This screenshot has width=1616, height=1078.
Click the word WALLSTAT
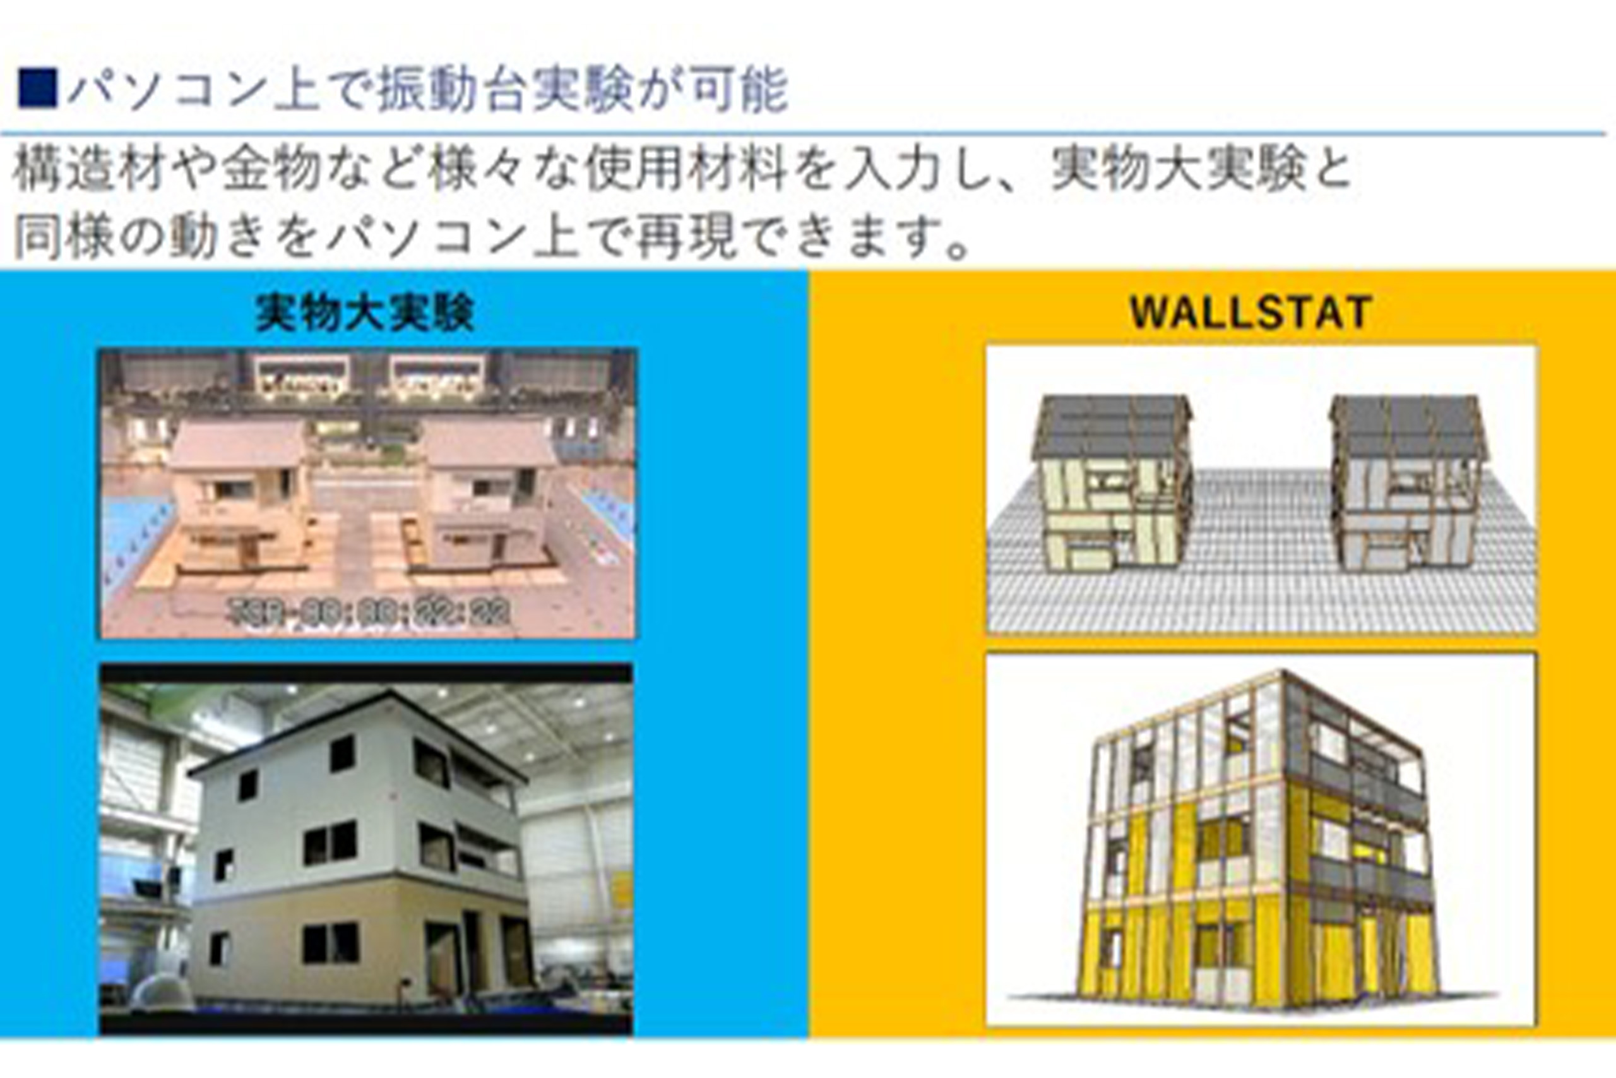1251,313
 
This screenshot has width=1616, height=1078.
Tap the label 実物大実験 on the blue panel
365,313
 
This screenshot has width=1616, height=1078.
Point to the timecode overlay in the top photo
371,611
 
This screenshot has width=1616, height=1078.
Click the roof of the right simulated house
1405,423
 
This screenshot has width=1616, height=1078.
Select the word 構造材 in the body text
89,169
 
